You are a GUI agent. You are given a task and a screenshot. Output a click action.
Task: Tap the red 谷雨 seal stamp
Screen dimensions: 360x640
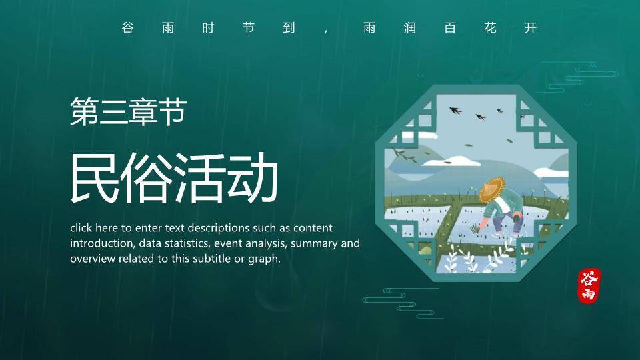pos(589,286)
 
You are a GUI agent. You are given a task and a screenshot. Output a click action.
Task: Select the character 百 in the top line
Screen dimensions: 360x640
pos(450,28)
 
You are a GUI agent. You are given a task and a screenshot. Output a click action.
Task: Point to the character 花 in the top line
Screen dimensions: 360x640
pos(490,28)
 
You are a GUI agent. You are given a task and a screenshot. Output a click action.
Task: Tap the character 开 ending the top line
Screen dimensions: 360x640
pos(531,28)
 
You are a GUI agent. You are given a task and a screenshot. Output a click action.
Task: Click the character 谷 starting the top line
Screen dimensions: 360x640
pos(127,28)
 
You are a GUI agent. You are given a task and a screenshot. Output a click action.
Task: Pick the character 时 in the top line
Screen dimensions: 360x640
pos(208,28)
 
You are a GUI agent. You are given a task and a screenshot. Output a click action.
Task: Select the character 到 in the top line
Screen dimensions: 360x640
pos(289,28)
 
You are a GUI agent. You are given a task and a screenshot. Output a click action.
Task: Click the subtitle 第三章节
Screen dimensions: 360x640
pos(127,112)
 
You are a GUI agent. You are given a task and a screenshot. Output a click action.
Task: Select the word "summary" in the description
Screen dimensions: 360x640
pos(315,243)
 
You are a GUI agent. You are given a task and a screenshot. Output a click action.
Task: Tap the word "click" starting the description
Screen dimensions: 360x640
pos(82,228)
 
